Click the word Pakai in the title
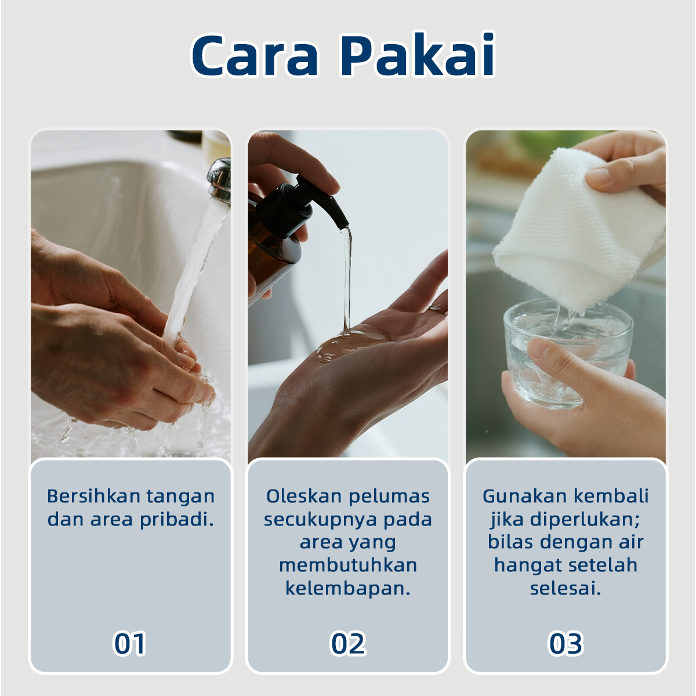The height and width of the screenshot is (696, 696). pyautogui.click(x=418, y=54)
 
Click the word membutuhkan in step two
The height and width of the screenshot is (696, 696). pyautogui.click(x=348, y=565)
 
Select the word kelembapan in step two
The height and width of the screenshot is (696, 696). pyautogui.click(x=348, y=588)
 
